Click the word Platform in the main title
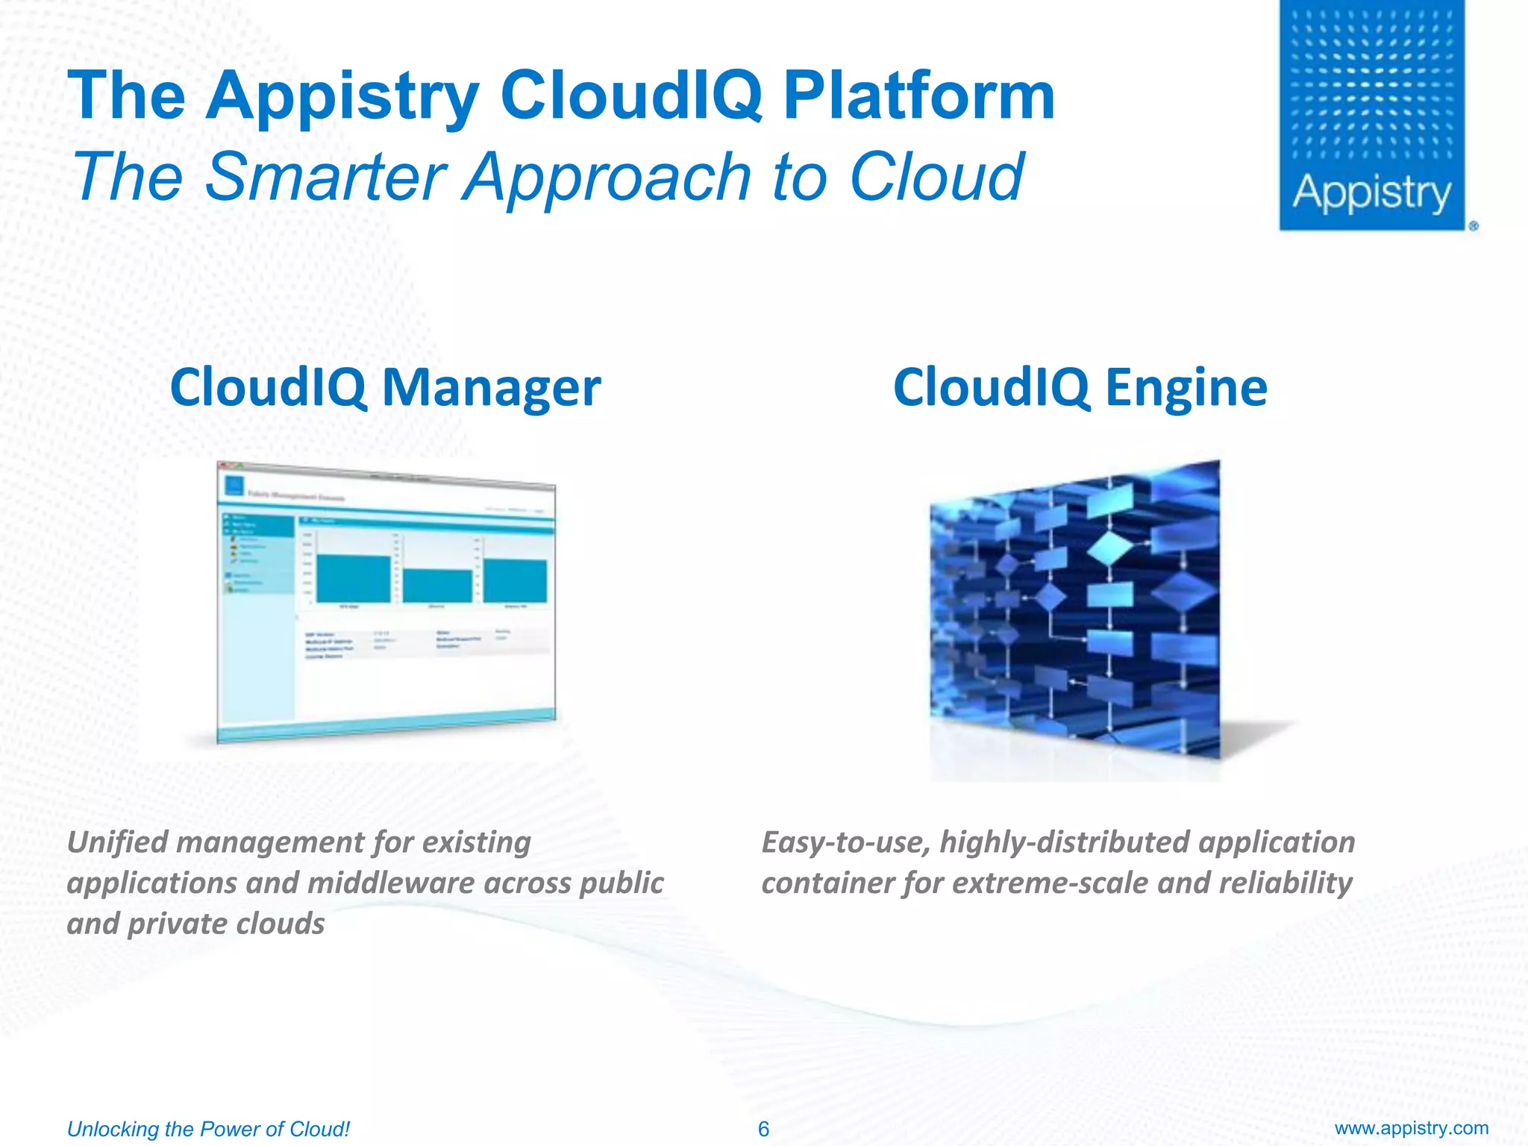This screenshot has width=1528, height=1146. tap(918, 95)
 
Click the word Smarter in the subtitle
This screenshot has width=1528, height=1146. tap(325, 177)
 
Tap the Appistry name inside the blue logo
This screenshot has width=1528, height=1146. tap(1371, 193)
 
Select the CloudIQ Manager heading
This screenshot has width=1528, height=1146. tap(385, 387)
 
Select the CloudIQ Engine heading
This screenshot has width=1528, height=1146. tap(1080, 387)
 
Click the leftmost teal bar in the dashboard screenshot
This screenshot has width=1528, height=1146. tap(353, 578)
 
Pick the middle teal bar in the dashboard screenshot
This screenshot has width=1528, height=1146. tap(437, 586)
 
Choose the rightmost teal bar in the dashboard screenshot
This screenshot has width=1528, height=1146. tap(515, 580)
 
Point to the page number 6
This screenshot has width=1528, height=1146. tap(763, 1129)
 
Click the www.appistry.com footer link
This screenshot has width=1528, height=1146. tap(1411, 1128)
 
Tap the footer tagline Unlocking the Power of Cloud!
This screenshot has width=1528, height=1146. tap(208, 1129)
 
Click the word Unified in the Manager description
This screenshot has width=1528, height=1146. tap(117, 842)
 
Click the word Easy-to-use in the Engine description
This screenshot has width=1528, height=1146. tap(845, 842)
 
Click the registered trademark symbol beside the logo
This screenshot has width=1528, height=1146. tap(1474, 226)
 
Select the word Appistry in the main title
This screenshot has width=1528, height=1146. tap(342, 95)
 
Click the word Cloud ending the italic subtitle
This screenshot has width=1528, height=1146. tap(936, 177)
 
